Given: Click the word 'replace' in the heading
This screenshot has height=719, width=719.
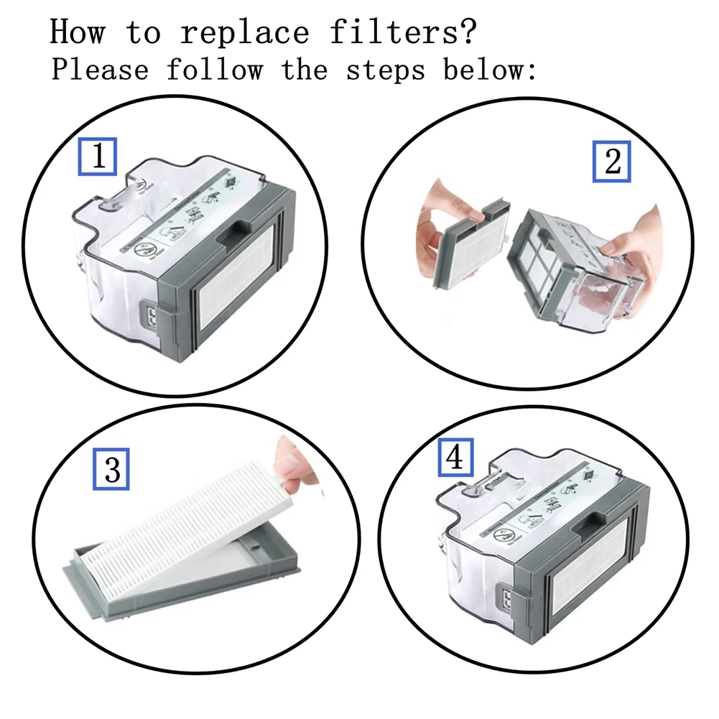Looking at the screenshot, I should coord(245,32).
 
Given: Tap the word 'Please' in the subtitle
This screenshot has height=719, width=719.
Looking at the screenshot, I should coord(100,70).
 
